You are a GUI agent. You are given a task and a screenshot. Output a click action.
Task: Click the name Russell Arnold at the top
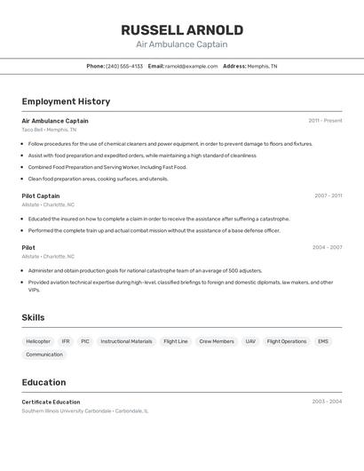coord(182,30)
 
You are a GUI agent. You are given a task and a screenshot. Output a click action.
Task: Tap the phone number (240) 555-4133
coord(123,66)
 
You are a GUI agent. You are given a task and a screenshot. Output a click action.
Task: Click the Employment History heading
coord(66,101)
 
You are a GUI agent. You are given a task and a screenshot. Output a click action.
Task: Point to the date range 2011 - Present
coord(325,121)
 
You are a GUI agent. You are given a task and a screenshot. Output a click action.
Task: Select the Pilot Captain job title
coord(41,196)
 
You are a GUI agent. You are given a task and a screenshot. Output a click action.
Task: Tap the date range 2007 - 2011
coord(328,196)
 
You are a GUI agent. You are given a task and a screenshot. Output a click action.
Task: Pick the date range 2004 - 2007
coord(327,247)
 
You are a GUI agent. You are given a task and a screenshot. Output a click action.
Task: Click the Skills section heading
coord(33,317)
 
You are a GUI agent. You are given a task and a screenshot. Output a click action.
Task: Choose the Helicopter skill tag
coord(38,341)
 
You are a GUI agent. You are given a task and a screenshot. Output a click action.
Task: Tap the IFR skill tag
coord(66,341)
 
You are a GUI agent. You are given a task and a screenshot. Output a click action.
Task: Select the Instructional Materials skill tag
coord(126,341)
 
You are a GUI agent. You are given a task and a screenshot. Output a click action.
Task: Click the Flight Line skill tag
coord(176,341)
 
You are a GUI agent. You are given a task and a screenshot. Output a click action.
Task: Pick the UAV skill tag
coord(250,341)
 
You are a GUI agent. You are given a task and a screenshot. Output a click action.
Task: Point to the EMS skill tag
coord(323,341)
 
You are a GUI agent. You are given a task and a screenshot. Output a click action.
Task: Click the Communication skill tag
coord(44,355)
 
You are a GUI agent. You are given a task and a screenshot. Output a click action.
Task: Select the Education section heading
coord(44,382)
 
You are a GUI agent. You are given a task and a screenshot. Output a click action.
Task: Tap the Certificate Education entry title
coord(51,402)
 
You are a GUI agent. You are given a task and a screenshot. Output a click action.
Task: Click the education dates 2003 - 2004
coord(327,402)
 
